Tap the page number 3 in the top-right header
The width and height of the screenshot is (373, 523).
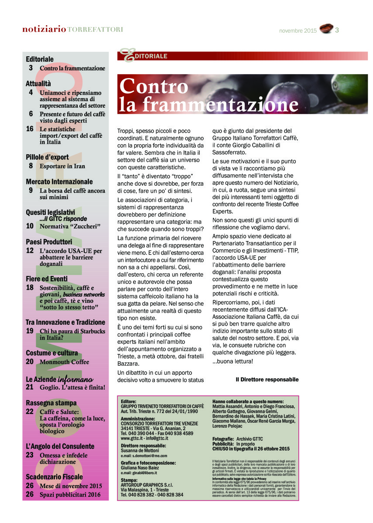[x=337, y=30]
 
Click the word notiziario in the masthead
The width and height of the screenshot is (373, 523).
[x=44, y=29]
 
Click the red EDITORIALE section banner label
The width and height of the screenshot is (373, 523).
[x=151, y=56]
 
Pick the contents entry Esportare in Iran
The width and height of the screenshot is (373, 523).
[x=62, y=166]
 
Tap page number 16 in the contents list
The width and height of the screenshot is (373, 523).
[x=30, y=129]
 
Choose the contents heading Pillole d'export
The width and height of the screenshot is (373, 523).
[x=47, y=157]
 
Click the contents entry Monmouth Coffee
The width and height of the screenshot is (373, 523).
[x=64, y=362]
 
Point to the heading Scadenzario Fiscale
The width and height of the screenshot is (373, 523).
[x=54, y=477]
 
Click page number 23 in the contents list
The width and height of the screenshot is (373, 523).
[x=30, y=455]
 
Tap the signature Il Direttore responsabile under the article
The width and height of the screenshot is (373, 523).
[x=267, y=380]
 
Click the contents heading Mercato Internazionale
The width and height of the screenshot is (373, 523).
[x=59, y=181]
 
